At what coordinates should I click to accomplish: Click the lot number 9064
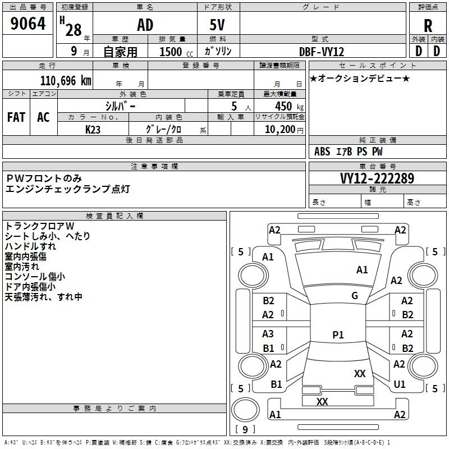28,24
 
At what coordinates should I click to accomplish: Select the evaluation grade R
428,26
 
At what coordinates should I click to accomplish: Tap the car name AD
145,25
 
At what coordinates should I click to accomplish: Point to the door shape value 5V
217,25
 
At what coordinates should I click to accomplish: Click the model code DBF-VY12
322,52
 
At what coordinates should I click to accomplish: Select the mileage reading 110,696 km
66,80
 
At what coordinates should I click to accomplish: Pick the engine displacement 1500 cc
176,52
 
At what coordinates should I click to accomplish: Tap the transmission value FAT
16,117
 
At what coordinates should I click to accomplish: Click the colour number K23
93,130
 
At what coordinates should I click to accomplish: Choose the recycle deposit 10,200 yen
284,130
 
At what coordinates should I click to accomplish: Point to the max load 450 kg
289,106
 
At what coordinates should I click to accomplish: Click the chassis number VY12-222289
377,178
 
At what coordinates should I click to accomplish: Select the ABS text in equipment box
322,152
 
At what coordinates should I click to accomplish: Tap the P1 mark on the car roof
338,335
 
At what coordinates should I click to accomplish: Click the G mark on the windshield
355,296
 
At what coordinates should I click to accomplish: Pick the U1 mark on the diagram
400,384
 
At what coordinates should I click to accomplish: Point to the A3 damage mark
268,333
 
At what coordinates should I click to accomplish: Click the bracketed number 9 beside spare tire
245,429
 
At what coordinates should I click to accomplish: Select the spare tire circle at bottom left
245,410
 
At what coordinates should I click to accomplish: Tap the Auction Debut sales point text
360,79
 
